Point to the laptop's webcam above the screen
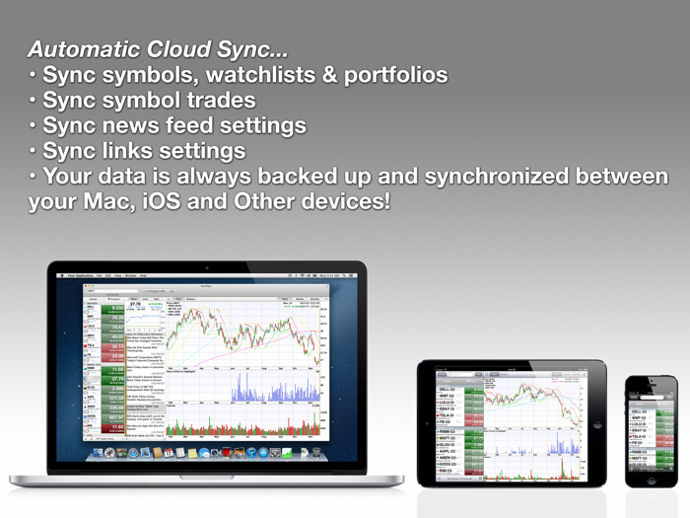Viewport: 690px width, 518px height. pyautogui.click(x=207, y=267)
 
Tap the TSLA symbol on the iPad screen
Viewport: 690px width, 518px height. pyautogui.click(x=449, y=416)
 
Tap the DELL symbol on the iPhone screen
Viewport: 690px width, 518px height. pyautogui.click(x=639, y=411)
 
